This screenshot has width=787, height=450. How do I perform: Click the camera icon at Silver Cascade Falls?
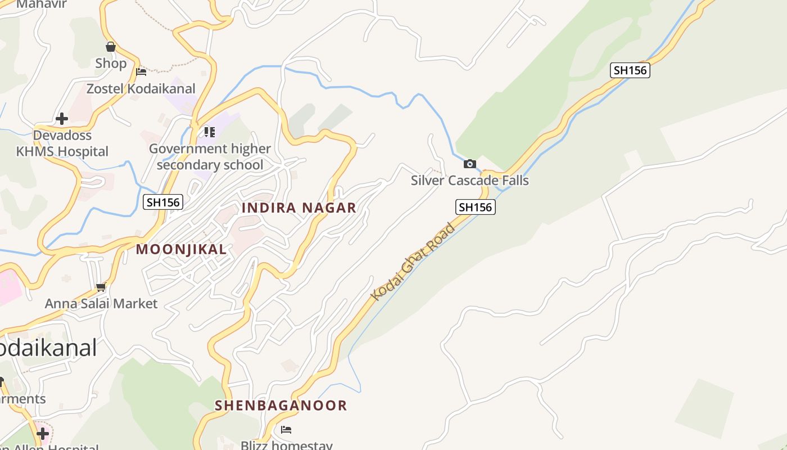pos(469,164)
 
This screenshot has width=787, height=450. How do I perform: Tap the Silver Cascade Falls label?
pos(469,181)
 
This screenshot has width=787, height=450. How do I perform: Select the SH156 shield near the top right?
pos(630,70)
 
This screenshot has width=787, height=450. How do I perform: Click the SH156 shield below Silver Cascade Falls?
pos(475,207)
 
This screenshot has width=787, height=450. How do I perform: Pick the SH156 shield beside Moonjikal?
pos(163,202)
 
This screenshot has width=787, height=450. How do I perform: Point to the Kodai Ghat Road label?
pos(413,262)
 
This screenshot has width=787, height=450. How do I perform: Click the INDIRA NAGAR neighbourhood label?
pos(299,208)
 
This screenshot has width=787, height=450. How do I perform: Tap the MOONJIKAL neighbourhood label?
pos(181,249)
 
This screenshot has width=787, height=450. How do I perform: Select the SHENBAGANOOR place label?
pos(281,405)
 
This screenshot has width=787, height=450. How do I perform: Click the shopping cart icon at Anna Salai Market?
pos(101,287)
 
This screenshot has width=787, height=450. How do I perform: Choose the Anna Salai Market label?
pos(101,304)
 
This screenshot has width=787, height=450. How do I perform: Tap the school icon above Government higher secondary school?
pos(209,132)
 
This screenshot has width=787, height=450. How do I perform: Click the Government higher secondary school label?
pos(210,157)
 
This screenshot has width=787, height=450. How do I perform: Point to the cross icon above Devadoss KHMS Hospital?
pos(62,119)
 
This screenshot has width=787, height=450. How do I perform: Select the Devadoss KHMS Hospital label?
pos(62,143)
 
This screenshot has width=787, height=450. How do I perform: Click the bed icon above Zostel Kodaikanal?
pos(141,72)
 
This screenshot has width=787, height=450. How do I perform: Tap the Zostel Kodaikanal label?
pos(141,88)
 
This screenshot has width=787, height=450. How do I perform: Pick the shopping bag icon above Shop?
pos(111,47)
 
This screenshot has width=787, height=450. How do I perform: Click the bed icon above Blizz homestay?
pos(286,430)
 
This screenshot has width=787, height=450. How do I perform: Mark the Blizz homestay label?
pos(287,445)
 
